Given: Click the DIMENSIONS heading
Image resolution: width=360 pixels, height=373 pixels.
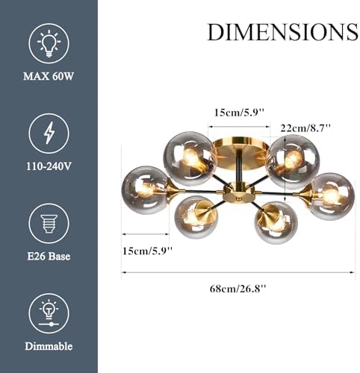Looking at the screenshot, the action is click(x=282, y=32).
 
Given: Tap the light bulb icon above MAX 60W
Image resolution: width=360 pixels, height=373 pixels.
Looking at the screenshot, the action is click(x=49, y=43).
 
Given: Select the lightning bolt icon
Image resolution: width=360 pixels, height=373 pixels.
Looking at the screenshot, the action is click(x=49, y=134).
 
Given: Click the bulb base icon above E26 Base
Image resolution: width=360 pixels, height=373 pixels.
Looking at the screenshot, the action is click(x=49, y=223).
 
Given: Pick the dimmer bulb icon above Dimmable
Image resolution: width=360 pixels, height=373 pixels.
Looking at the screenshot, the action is click(x=49, y=313).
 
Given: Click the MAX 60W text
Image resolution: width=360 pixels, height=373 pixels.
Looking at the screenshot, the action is click(x=49, y=76).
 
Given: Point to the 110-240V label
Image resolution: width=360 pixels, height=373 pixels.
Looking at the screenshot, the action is click(x=49, y=166).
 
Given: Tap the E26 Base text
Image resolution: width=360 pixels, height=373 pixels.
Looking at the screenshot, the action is click(x=49, y=257).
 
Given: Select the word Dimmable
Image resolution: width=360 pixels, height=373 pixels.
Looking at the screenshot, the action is click(x=49, y=346).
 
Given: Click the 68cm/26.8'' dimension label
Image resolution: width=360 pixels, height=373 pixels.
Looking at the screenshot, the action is click(x=238, y=289).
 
